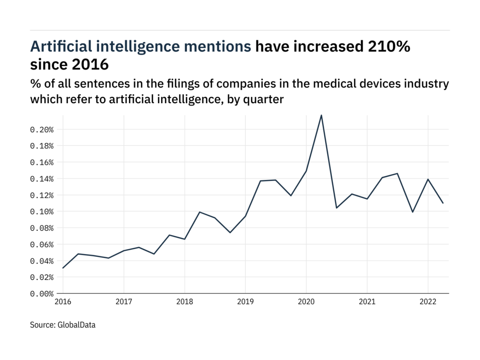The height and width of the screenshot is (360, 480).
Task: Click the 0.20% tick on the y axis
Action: click(x=42, y=129)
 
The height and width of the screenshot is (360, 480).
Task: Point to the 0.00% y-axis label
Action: click(x=42, y=294)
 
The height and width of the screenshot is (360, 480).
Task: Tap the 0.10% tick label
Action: click(x=42, y=212)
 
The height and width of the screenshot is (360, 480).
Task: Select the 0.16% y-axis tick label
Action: click(x=42, y=162)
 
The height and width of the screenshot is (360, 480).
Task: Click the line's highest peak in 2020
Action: click(x=321, y=115)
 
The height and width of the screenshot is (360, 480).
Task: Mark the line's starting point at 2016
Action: click(x=63, y=268)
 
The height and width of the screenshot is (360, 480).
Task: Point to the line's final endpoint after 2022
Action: click(x=443, y=203)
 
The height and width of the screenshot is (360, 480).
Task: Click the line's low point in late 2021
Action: click(x=412, y=212)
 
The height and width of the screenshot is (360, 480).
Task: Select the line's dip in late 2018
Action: click(x=230, y=232)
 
